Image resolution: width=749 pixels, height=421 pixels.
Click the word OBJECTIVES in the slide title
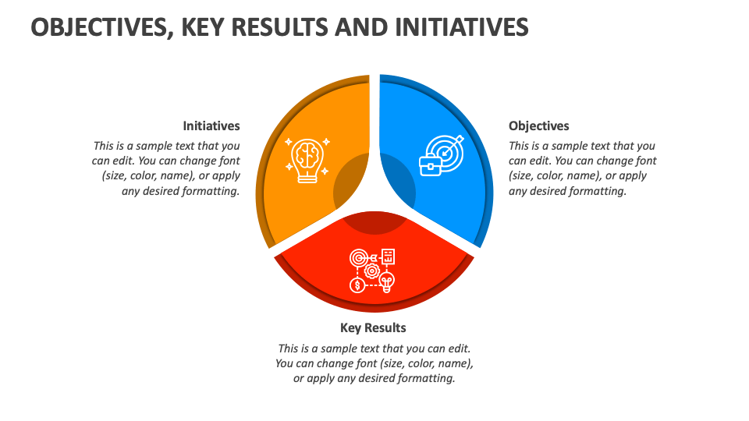[x=101, y=27]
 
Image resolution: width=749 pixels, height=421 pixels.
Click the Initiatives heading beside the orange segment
[x=211, y=126]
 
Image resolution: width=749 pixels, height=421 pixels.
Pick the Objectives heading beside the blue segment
[x=539, y=126]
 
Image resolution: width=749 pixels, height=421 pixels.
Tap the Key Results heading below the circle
[x=373, y=327]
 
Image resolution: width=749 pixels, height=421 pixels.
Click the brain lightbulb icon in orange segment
[x=307, y=159]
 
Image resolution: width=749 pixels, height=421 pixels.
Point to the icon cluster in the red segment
[x=373, y=270]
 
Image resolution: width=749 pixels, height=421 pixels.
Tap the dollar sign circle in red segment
[x=357, y=285]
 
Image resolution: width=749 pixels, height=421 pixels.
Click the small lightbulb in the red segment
[x=387, y=281]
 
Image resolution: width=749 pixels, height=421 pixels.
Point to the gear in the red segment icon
[x=372, y=271]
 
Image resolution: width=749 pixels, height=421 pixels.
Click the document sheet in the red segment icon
[x=388, y=256]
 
